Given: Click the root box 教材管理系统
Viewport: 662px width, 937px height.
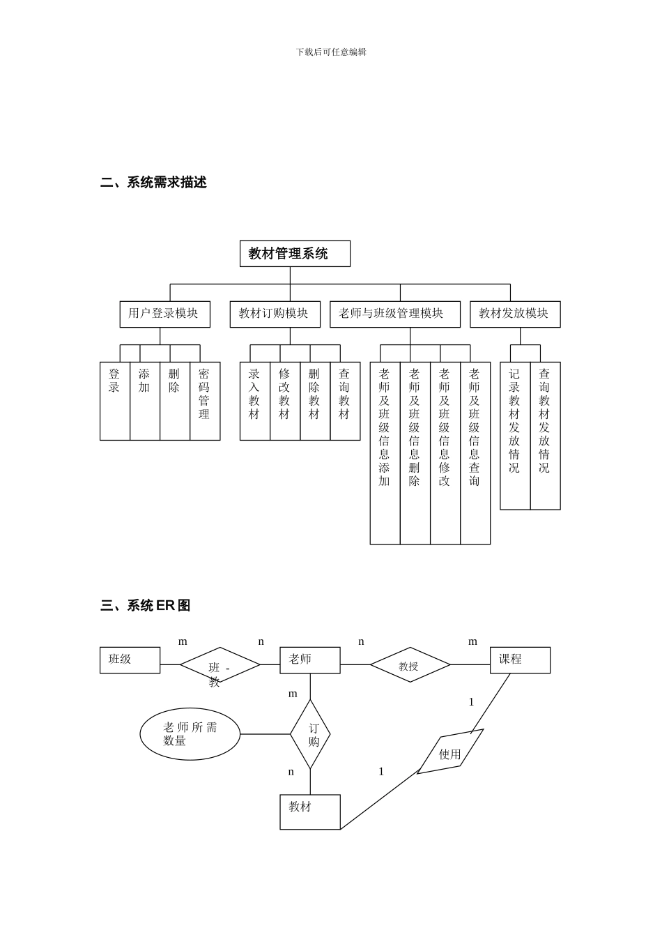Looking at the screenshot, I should pyautogui.click(x=295, y=254).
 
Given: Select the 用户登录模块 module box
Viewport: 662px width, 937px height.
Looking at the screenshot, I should pyautogui.click(x=164, y=314).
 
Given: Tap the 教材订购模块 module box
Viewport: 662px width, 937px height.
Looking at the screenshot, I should pyautogui.click(x=275, y=314).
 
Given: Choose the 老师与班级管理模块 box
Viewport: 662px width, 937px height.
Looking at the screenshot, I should pyautogui.click(x=394, y=314).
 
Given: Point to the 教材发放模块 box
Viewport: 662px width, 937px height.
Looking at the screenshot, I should pyautogui.click(x=514, y=314).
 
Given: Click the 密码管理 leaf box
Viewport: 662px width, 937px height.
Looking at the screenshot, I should pyautogui.click(x=205, y=401).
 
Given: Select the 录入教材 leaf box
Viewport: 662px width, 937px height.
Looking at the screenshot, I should pyautogui.click(x=255, y=401).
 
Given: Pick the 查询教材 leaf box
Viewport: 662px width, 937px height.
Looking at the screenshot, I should pyautogui.click(x=345, y=401).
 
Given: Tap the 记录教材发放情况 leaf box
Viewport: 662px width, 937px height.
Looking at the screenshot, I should pyautogui.click(x=515, y=436).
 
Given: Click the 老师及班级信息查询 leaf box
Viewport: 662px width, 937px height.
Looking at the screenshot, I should pyautogui.click(x=475, y=453).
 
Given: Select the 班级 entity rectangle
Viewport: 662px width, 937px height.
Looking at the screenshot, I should pyautogui.click(x=130, y=660).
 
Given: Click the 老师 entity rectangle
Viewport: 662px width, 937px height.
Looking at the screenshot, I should pyautogui.click(x=310, y=660).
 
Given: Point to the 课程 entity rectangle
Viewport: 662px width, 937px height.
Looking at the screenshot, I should pyautogui.click(x=520, y=660).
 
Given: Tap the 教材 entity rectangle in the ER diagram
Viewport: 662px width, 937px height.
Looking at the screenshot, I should pyautogui.click(x=310, y=812).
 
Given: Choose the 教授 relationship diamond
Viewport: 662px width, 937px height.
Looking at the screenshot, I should pyautogui.click(x=410, y=665).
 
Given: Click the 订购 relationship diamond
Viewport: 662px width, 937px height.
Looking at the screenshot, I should pyautogui.click(x=310, y=734).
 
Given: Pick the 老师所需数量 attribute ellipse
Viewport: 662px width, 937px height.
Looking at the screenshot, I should pyautogui.click(x=190, y=734).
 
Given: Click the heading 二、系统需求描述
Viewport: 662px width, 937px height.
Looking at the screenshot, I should pyautogui.click(x=154, y=183).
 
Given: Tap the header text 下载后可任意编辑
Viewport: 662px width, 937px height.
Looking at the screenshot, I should pyautogui.click(x=331, y=52).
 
